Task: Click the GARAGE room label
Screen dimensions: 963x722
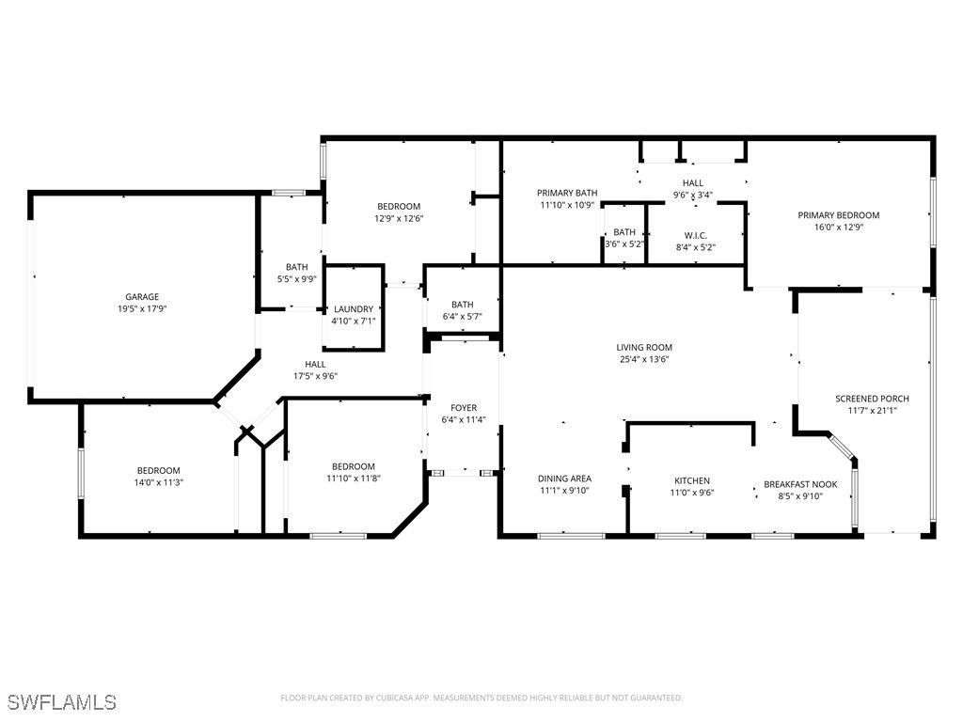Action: click(x=142, y=297)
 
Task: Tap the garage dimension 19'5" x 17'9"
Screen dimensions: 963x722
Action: click(x=142, y=308)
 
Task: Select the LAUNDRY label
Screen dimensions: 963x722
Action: click(x=354, y=309)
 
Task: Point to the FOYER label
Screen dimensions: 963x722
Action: click(x=464, y=408)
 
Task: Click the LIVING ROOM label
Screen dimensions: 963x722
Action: click(x=644, y=348)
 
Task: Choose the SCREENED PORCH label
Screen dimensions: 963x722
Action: click(x=872, y=399)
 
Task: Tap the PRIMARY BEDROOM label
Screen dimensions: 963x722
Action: click(x=838, y=215)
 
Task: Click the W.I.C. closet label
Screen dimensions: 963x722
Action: click(x=695, y=236)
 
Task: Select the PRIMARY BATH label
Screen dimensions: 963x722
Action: click(x=567, y=193)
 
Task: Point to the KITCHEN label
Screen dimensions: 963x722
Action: click(x=692, y=480)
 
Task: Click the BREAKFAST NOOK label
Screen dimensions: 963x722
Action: click(x=800, y=484)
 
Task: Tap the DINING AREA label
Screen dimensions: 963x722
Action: click(x=564, y=479)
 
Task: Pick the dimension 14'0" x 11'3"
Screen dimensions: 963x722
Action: click(x=158, y=482)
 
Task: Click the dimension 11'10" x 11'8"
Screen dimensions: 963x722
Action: click(x=354, y=479)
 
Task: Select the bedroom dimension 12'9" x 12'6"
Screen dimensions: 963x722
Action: click(x=399, y=218)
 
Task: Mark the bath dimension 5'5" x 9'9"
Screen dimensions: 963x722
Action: click(x=296, y=278)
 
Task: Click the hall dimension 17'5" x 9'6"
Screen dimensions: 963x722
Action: click(x=315, y=376)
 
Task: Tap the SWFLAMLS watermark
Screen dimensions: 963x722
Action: click(x=62, y=702)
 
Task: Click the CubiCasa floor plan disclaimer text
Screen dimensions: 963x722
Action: click(x=481, y=698)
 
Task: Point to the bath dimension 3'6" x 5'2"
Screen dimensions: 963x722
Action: click(x=624, y=243)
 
